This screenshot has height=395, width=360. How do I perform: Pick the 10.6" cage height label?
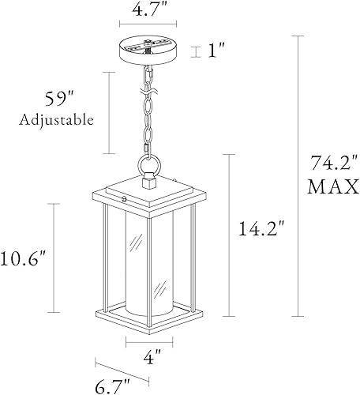click(x=25, y=258)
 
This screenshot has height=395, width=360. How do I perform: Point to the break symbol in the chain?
click(x=148, y=103)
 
